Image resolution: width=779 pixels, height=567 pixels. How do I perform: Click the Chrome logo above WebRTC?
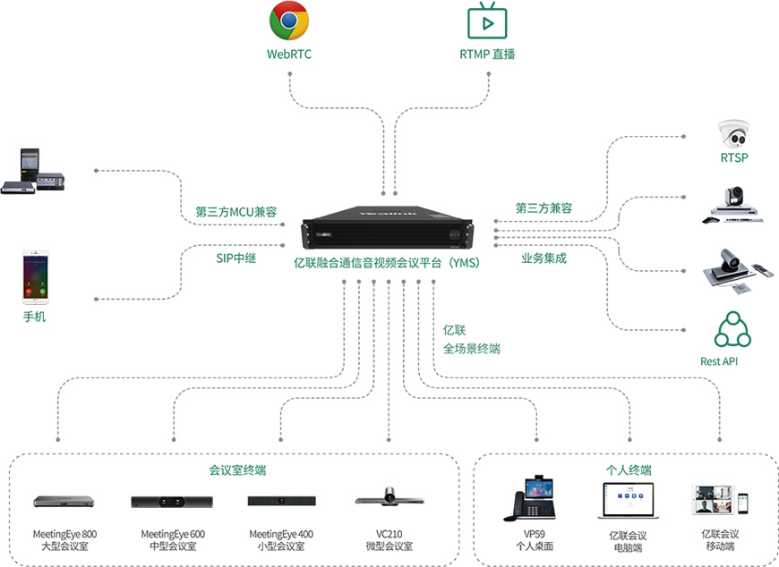click(x=290, y=21)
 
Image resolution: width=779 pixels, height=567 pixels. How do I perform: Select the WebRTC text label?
click(x=289, y=54)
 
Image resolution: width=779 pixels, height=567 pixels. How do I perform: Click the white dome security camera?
click(x=733, y=135)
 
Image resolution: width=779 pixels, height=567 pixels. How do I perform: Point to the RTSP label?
click(x=734, y=158)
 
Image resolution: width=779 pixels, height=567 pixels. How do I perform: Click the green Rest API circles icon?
click(x=732, y=330)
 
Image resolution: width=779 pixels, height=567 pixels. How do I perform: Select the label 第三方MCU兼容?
click(x=235, y=212)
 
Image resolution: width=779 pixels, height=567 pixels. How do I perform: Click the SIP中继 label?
click(x=236, y=258)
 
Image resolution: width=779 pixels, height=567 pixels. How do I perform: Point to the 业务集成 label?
click(x=544, y=258)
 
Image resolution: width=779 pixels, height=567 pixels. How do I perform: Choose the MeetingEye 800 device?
click(x=64, y=501)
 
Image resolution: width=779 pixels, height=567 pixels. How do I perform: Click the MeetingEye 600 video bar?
click(x=173, y=501)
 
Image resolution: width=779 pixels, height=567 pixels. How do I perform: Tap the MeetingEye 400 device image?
click(x=281, y=501)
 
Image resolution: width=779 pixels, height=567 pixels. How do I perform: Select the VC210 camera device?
click(x=389, y=497)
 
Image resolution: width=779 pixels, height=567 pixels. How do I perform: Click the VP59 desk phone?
click(x=534, y=497)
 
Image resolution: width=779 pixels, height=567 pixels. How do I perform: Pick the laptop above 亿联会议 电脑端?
click(x=628, y=500)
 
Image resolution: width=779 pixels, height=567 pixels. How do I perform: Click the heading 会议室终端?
click(x=237, y=470)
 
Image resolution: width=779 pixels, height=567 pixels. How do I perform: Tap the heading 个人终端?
click(x=629, y=470)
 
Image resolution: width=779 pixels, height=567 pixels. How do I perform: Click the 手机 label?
click(x=34, y=317)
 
